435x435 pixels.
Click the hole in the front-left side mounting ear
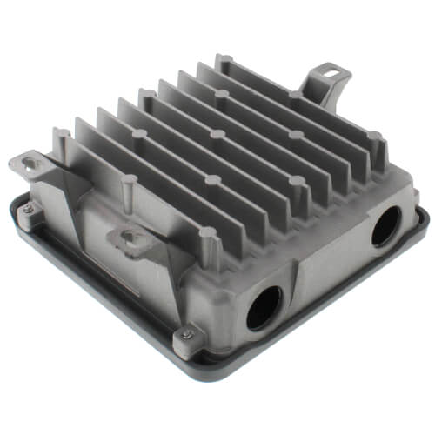[x=130, y=236]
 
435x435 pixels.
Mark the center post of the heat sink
[x=217, y=136]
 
